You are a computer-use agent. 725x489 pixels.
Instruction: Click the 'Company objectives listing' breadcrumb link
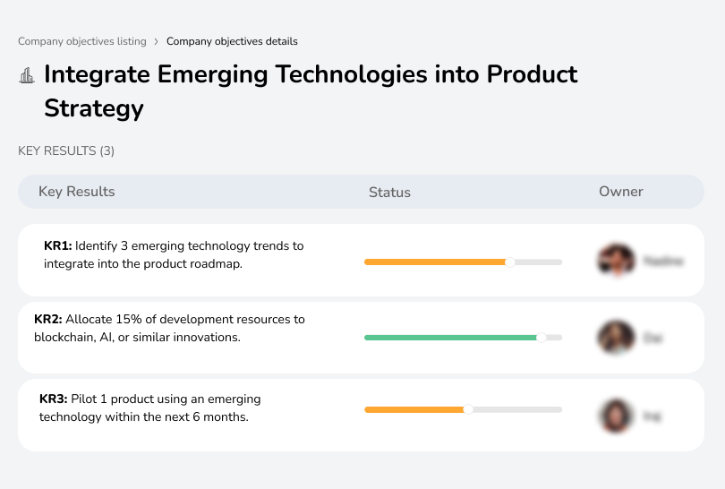pos(81,41)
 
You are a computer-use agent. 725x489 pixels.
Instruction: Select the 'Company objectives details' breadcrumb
pos(232,41)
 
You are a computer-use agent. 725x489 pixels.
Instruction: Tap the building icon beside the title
pos(27,75)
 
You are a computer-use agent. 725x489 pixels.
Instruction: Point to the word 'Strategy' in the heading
pos(94,108)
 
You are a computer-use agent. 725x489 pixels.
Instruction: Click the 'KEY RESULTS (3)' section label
pos(66,151)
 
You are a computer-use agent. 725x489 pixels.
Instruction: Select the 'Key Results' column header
pos(76,192)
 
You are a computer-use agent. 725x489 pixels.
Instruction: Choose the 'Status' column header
pos(389,192)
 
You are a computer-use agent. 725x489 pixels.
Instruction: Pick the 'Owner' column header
pos(621,192)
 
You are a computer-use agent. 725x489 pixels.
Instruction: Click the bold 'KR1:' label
pos(58,245)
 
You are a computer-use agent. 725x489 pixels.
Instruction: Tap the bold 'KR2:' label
pos(48,319)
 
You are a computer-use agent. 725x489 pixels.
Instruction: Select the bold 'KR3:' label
pos(55,399)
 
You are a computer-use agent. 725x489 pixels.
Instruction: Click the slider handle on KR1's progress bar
pos(510,262)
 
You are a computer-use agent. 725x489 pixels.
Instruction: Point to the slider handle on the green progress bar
pos(541,338)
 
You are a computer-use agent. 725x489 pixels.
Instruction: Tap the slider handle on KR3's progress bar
pos(467,409)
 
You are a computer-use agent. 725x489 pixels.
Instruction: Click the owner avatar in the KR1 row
pos(616,261)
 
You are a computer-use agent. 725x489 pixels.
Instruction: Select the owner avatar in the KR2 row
pos(616,338)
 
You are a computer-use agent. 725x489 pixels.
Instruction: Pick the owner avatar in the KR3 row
pos(616,416)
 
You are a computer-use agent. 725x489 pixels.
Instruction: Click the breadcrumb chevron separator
pos(156,41)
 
